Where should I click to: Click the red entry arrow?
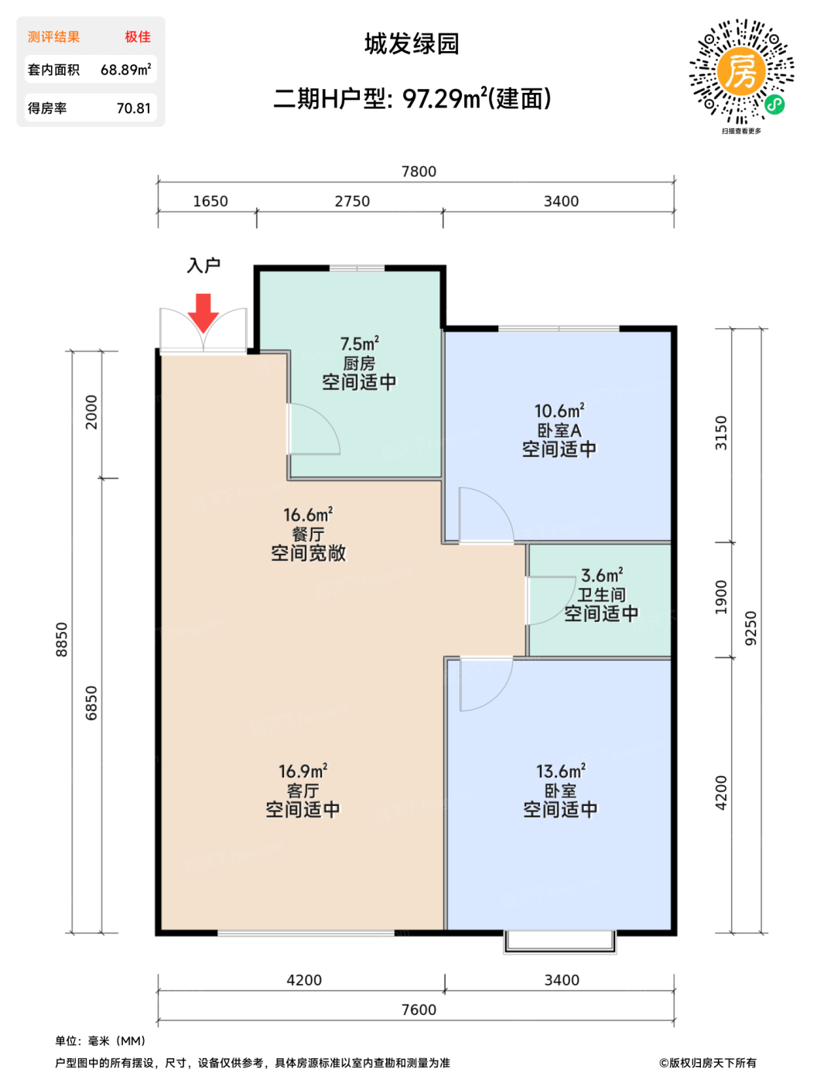click(x=203, y=313)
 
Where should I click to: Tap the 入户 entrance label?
click(x=203, y=265)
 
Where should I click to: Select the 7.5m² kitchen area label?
click(x=360, y=343)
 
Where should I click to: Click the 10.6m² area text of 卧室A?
click(x=559, y=411)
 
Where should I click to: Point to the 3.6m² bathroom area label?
click(x=601, y=575)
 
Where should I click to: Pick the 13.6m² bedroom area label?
click(x=561, y=770)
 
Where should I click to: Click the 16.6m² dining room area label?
click(x=308, y=514)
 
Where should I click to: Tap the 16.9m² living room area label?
click(x=303, y=770)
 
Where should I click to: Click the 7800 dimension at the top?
click(x=419, y=171)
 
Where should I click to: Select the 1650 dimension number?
click(x=210, y=201)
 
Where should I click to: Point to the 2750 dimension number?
click(x=352, y=201)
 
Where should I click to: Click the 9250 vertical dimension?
click(x=750, y=628)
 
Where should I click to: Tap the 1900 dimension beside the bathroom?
click(x=721, y=597)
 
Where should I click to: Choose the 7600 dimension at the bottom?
click(x=419, y=1010)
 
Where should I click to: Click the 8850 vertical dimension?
click(x=61, y=640)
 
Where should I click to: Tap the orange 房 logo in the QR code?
click(x=741, y=71)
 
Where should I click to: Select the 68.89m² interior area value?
click(x=126, y=70)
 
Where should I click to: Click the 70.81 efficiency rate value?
click(x=134, y=108)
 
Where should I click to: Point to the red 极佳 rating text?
click(x=138, y=37)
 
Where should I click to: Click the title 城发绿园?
click(x=412, y=44)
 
